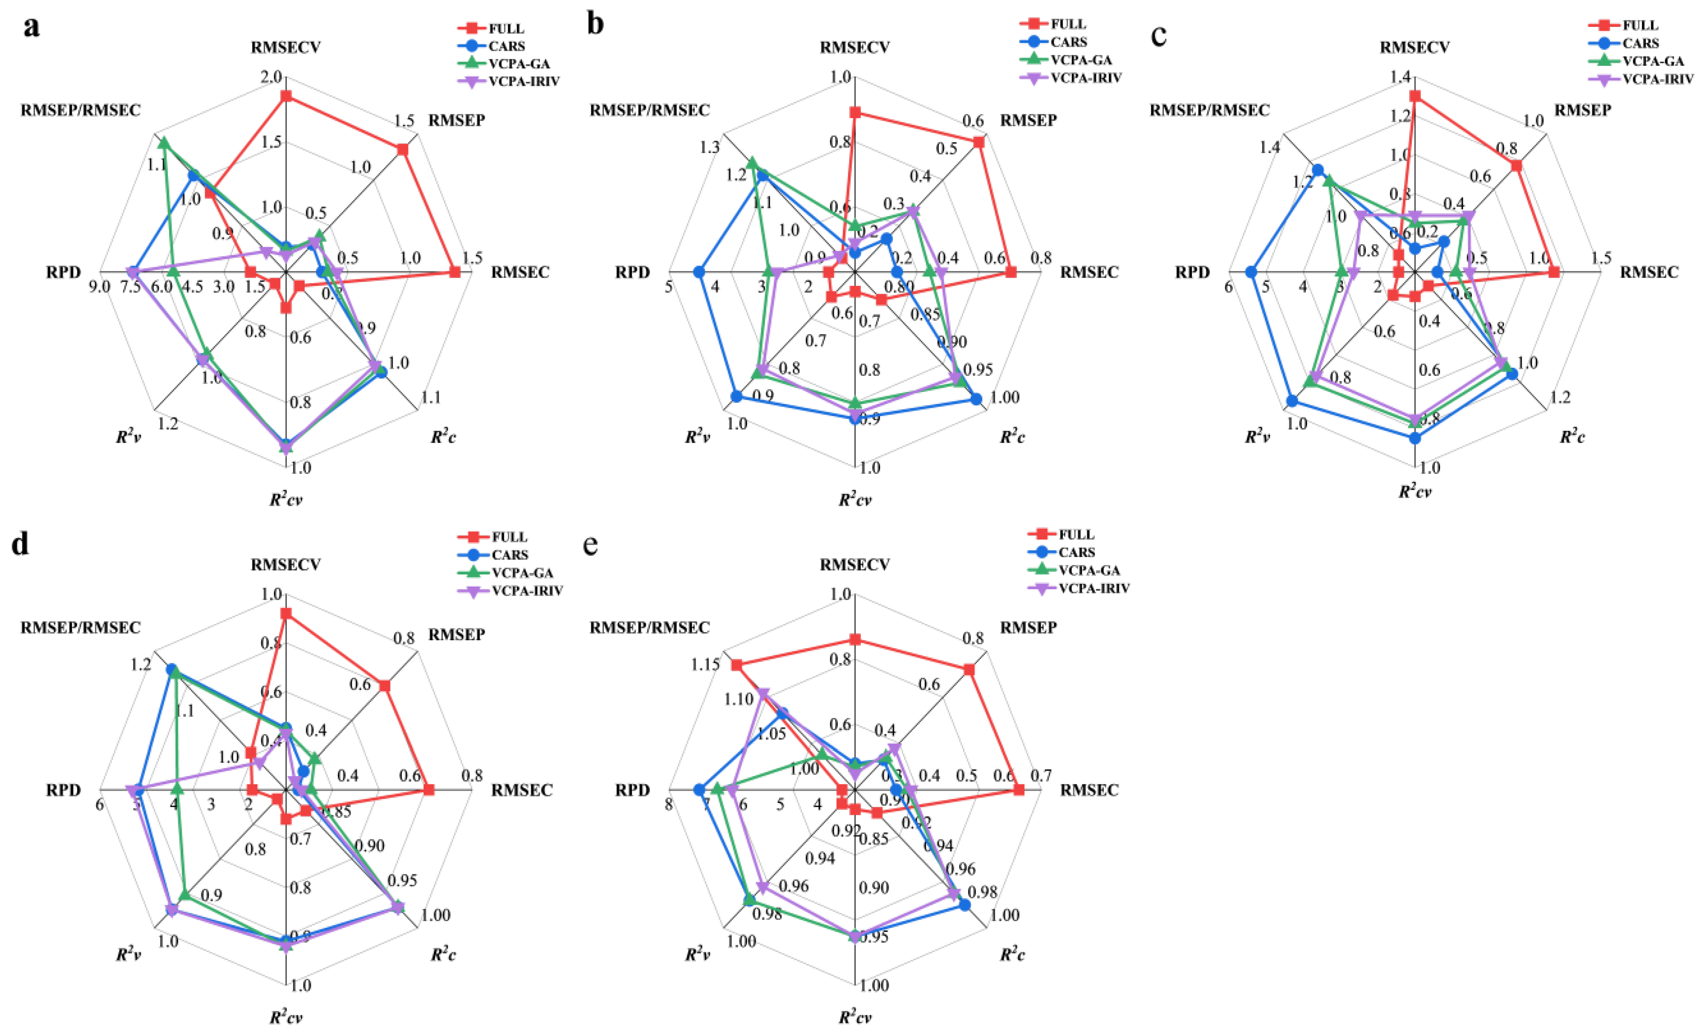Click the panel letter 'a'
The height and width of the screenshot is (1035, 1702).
tap(31, 28)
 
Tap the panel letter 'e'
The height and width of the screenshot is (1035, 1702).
tap(590, 545)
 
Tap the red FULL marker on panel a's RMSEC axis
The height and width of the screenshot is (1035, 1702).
tap(454, 272)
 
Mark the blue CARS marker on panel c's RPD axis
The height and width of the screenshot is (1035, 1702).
tap(1250, 272)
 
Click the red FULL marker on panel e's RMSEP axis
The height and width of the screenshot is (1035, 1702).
tap(969, 670)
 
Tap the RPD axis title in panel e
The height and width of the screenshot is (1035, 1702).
tap(632, 789)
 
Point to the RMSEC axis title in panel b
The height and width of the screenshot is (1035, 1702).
tap(1089, 272)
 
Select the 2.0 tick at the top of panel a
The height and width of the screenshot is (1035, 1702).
tap(271, 77)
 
